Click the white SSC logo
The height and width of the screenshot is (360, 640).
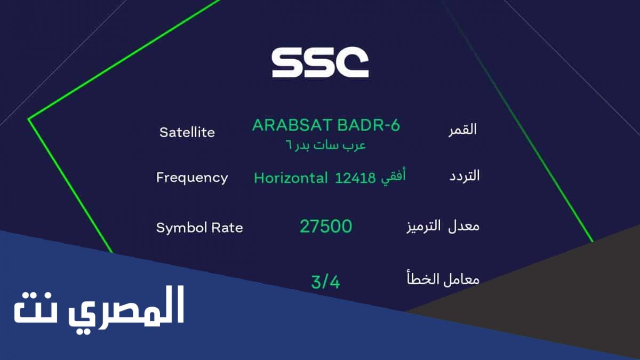click(320, 62)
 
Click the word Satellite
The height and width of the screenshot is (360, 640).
click(187, 132)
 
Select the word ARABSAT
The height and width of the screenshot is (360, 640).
click(292, 125)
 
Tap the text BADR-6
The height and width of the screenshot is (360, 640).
click(369, 125)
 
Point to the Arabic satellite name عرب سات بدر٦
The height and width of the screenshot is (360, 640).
click(326, 146)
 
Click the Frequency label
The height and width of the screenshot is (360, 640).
click(192, 178)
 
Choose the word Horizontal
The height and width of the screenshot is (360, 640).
click(291, 178)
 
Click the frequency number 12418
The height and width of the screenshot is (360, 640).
click(355, 178)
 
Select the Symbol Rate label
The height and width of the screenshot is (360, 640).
click(199, 228)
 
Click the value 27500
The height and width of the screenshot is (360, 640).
click(326, 227)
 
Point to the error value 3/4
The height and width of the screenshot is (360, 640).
click(326, 282)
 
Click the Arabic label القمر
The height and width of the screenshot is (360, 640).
click(462, 130)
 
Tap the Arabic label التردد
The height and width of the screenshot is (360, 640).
click(465, 175)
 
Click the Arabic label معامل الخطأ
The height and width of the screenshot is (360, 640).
click(443, 278)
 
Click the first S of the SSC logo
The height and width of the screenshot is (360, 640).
click(287, 62)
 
